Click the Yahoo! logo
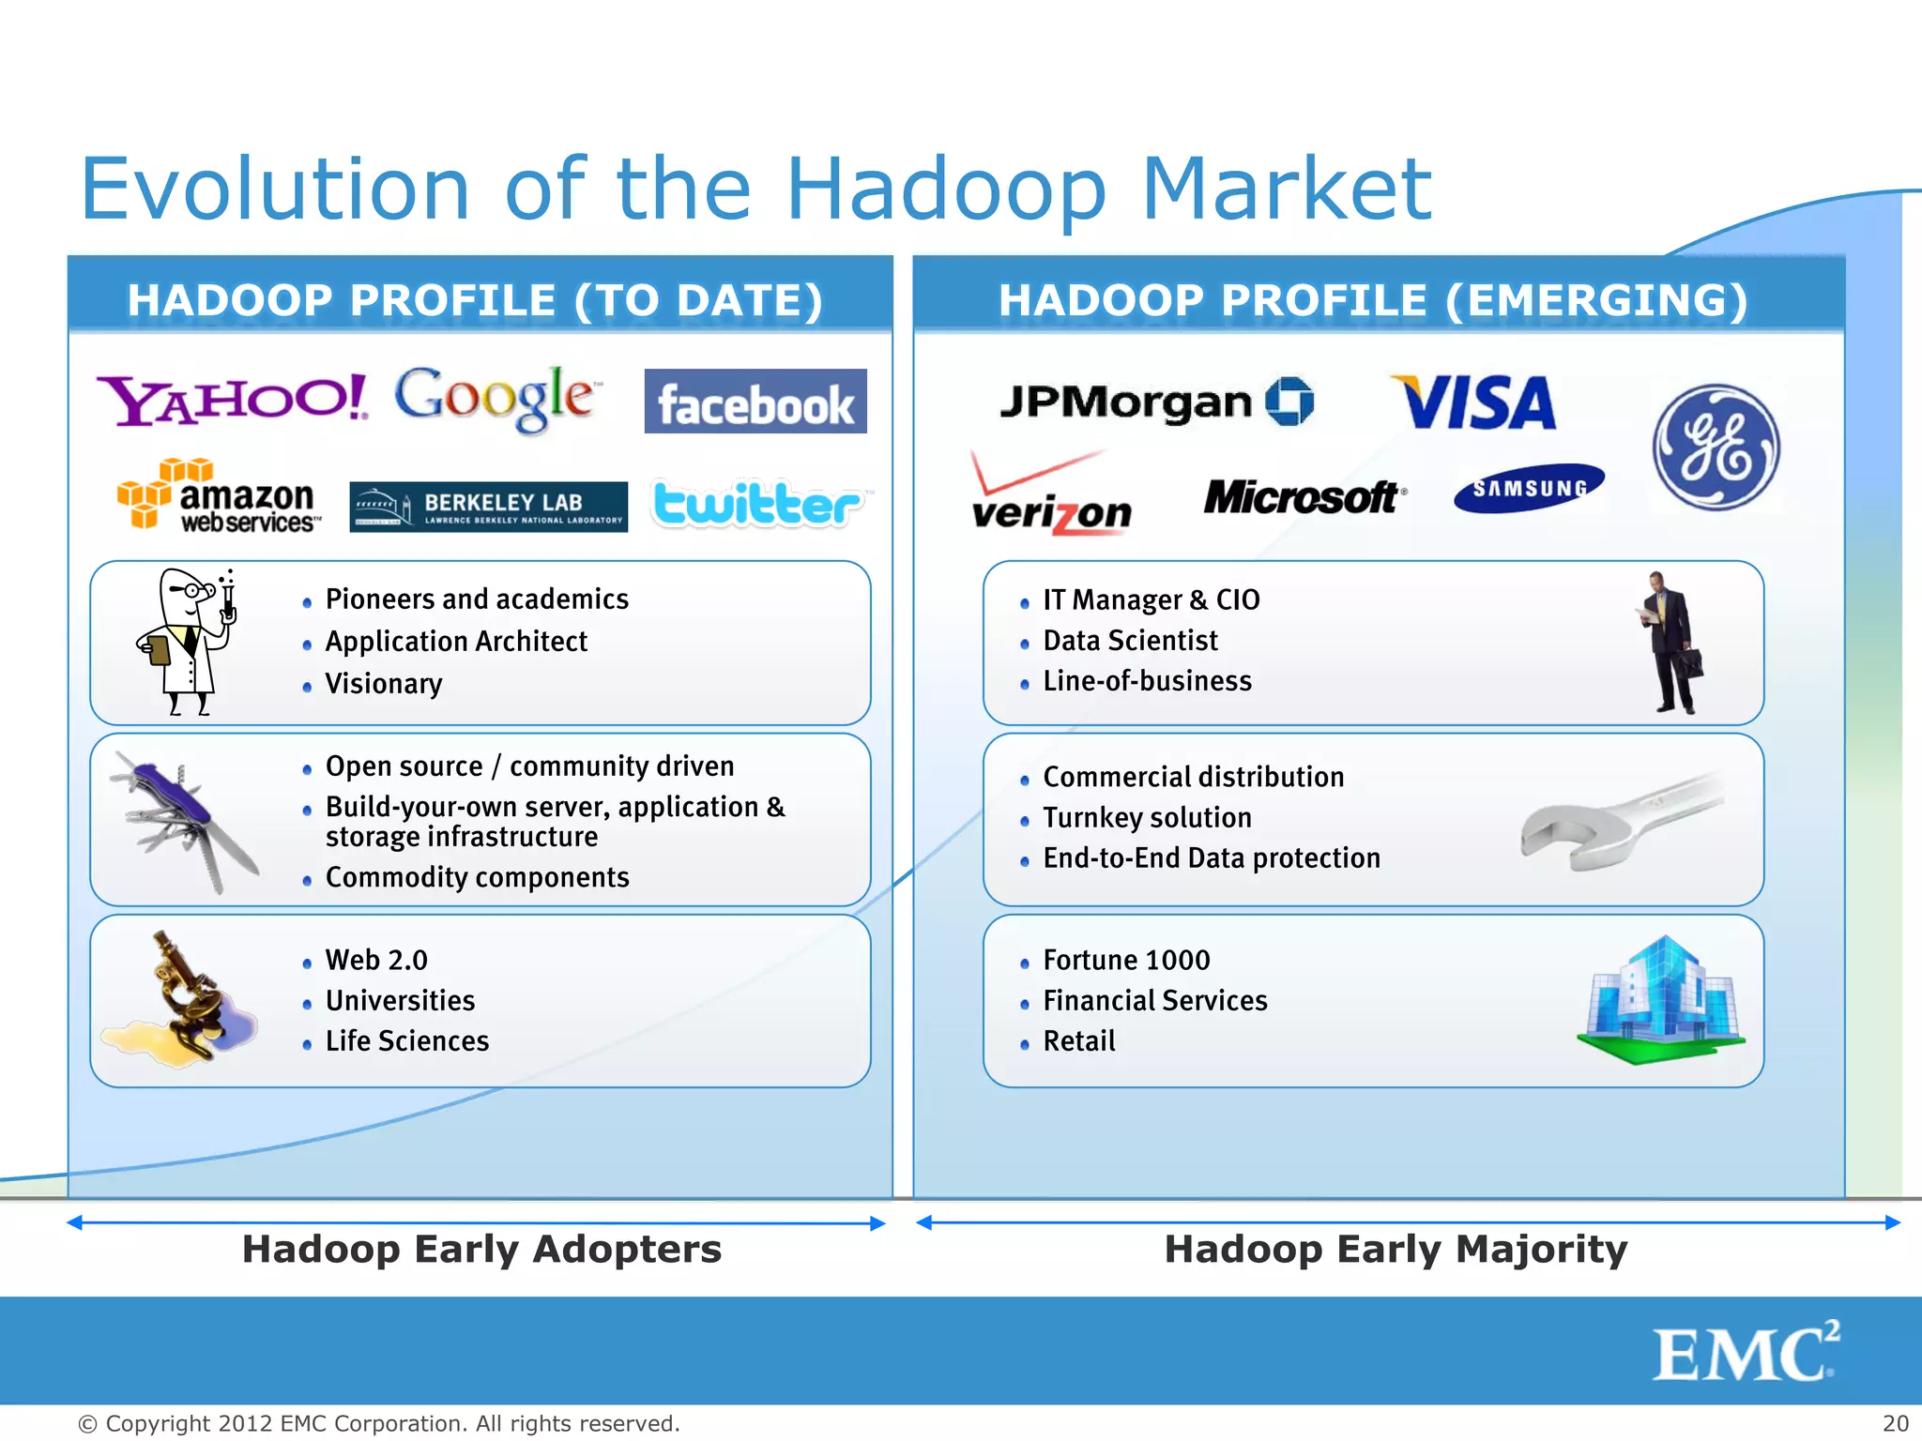click(232, 400)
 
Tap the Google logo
click(495, 398)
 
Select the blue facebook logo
click(755, 402)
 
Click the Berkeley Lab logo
click(488, 507)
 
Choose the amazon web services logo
click(219, 497)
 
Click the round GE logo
click(1716, 447)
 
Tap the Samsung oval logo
click(1529, 488)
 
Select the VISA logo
click(1474, 403)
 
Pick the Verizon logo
click(1050, 495)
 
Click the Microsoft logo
click(1303, 497)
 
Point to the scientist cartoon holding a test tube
click(191, 642)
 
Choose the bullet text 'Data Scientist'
click(1130, 641)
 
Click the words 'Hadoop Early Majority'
click(1396, 1250)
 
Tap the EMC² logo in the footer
click(1745, 1352)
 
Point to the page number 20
click(1895, 1423)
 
